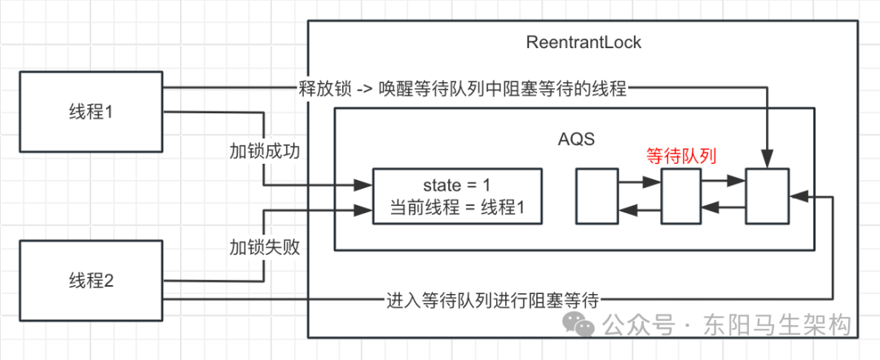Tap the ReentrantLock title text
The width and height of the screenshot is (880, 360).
pos(583,43)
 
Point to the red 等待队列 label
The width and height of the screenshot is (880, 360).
pos(680,156)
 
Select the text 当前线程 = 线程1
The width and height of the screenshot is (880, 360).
pos(456,209)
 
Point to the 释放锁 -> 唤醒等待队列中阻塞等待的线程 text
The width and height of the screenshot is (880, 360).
pos(462,90)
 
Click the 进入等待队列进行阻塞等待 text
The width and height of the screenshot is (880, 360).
pos(492,300)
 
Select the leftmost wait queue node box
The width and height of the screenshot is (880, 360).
pos(597,196)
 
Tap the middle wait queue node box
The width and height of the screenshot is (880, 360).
pos(681,196)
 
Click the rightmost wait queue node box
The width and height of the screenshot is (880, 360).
pos(767,196)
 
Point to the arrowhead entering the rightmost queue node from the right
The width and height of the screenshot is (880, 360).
pos(795,196)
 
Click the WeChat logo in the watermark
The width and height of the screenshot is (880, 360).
pos(584,326)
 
